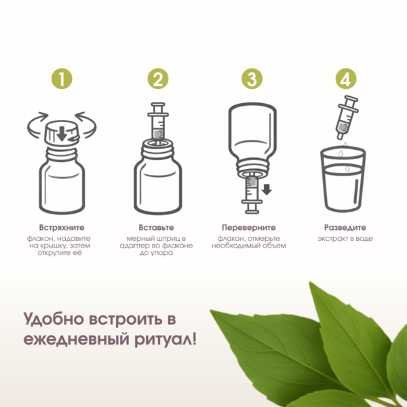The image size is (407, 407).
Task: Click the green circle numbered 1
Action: tap(62, 79)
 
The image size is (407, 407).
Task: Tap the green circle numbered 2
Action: tap(158, 79)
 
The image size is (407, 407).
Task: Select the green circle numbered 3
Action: tap(252, 79)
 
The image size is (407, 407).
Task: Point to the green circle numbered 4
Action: tap(346, 79)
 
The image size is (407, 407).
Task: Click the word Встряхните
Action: tap(62, 228)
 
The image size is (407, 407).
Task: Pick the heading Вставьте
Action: tap(156, 228)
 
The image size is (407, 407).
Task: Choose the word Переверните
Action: tap(249, 228)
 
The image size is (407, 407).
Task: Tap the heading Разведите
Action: tap(345, 228)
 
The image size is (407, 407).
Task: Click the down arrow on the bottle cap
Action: tap(62, 134)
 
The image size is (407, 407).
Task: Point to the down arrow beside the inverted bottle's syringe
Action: tap(267, 189)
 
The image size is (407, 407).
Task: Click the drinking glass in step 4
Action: tap(343, 179)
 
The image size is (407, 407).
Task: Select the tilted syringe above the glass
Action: tap(347, 117)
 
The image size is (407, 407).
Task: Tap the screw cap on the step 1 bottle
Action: tap(62, 133)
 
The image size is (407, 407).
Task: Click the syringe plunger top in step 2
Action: tap(158, 104)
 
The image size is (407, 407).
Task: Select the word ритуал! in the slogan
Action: tap(166, 340)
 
